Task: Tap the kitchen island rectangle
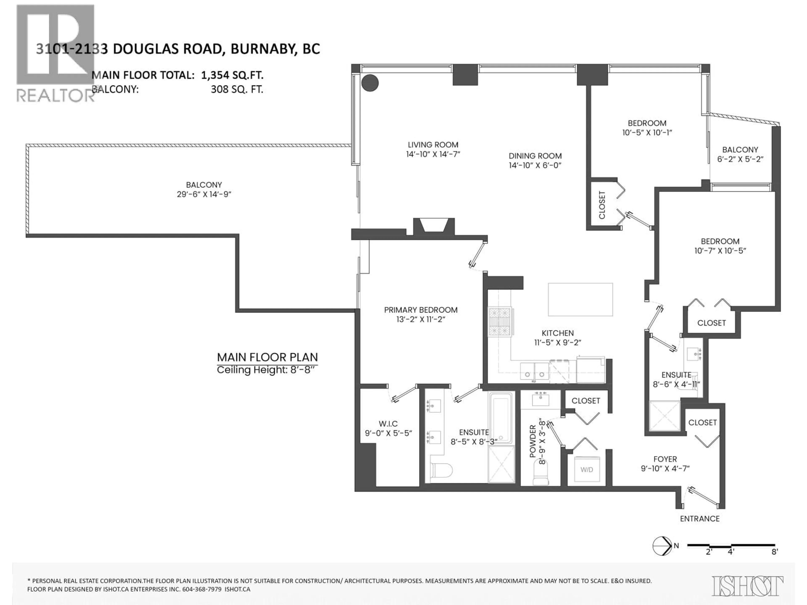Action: pyautogui.click(x=580, y=299)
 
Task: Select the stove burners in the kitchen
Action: pyautogui.click(x=500, y=322)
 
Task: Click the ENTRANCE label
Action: pyautogui.click(x=699, y=519)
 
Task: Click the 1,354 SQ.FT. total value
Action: pyautogui.click(x=232, y=75)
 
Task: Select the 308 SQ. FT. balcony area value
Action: pyautogui.click(x=237, y=89)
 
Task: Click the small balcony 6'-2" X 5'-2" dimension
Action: pyautogui.click(x=740, y=159)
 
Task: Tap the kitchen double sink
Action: pyautogui.click(x=534, y=371)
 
